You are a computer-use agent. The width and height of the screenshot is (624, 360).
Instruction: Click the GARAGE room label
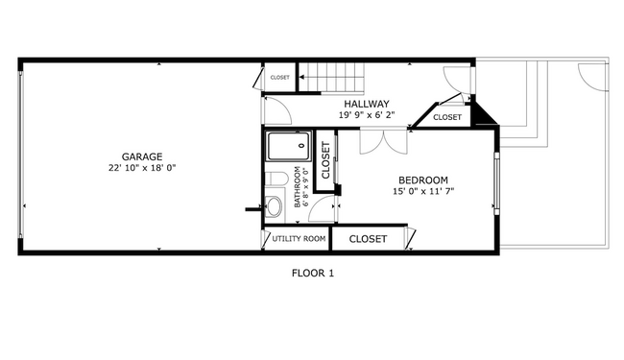click(141, 156)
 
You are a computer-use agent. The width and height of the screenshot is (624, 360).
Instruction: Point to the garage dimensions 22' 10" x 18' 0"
click(141, 168)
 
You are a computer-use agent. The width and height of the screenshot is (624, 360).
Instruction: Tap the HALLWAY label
click(366, 104)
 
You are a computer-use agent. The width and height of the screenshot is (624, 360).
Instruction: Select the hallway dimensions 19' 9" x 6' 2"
click(366, 115)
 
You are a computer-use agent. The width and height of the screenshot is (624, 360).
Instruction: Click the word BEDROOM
click(423, 180)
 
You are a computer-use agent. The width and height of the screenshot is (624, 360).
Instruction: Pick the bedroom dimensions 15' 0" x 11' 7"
click(423, 192)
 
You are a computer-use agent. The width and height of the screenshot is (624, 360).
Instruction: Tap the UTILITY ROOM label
click(299, 238)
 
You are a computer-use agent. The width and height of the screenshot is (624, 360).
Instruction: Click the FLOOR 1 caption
click(312, 274)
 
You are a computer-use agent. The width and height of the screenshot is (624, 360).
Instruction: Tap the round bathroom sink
click(274, 205)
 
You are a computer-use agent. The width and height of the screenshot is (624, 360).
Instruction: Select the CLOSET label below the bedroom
click(368, 239)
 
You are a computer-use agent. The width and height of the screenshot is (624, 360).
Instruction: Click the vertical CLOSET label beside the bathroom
click(325, 161)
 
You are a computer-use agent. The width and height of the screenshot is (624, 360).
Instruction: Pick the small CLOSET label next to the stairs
click(279, 78)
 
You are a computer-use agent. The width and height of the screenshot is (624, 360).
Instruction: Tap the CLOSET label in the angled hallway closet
click(446, 117)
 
